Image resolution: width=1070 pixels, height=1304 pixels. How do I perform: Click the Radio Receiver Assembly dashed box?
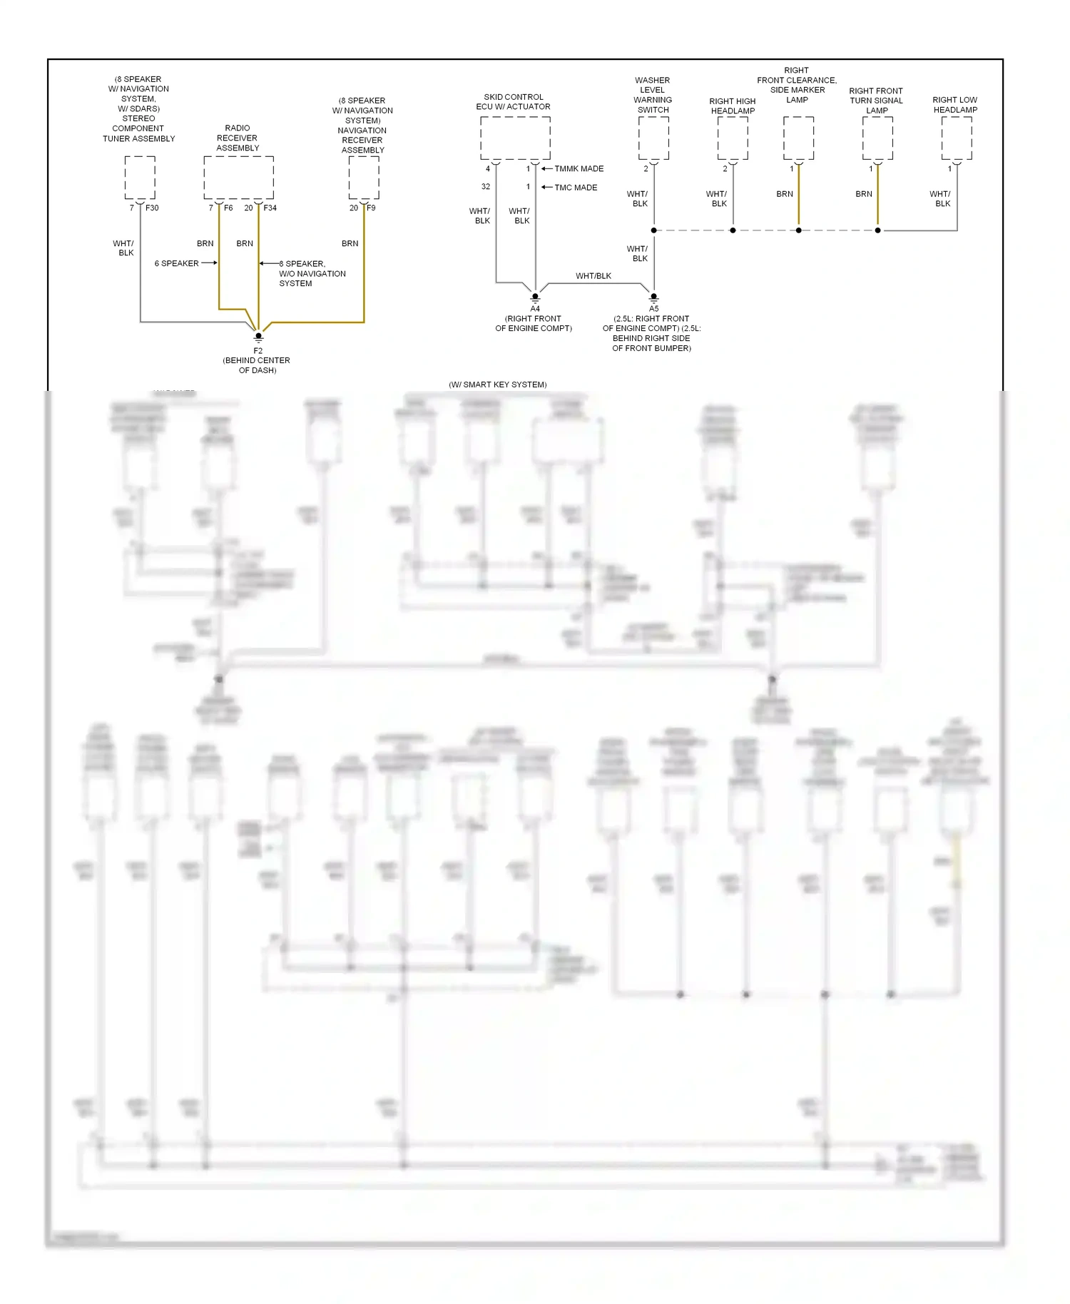[238, 178]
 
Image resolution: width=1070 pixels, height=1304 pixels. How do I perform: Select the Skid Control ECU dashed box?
[514, 138]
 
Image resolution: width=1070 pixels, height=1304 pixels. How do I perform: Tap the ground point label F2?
[258, 350]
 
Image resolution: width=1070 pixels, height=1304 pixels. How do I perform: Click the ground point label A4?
[535, 308]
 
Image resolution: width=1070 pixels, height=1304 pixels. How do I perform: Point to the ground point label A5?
[653, 308]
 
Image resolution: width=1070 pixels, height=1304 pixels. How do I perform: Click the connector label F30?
[152, 208]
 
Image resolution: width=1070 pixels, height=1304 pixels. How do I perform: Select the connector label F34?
[270, 208]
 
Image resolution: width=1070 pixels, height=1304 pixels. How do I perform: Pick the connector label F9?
[371, 208]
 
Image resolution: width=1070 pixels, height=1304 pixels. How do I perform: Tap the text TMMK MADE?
[579, 168]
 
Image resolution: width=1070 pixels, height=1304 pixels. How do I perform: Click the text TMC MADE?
[576, 187]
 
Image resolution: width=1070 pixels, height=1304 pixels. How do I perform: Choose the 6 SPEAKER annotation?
[176, 263]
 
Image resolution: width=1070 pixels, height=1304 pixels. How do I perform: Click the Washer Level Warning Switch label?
[653, 95]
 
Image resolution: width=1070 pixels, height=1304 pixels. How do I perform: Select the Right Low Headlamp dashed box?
[956, 138]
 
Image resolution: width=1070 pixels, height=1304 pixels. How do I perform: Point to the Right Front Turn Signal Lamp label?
[876, 101]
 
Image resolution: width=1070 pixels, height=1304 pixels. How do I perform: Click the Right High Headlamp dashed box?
[733, 138]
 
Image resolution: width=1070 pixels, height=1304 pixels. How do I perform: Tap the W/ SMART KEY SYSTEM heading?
[497, 384]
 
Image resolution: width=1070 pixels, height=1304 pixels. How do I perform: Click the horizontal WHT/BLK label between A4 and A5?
[593, 275]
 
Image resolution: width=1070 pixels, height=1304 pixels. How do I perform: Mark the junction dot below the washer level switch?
[653, 230]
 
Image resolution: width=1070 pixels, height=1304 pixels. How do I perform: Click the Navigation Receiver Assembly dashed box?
[363, 178]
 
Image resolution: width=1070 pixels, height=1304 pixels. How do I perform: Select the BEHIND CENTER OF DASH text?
[257, 365]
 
